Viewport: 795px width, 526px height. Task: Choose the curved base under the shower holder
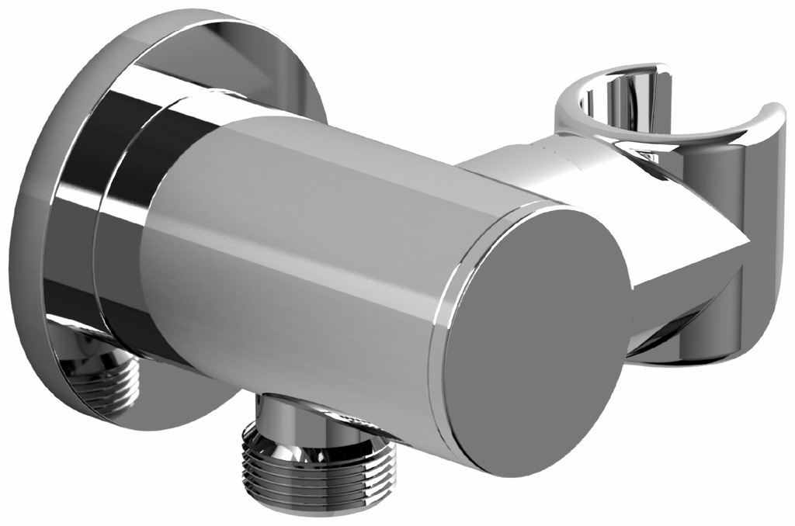click(x=683, y=341)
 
